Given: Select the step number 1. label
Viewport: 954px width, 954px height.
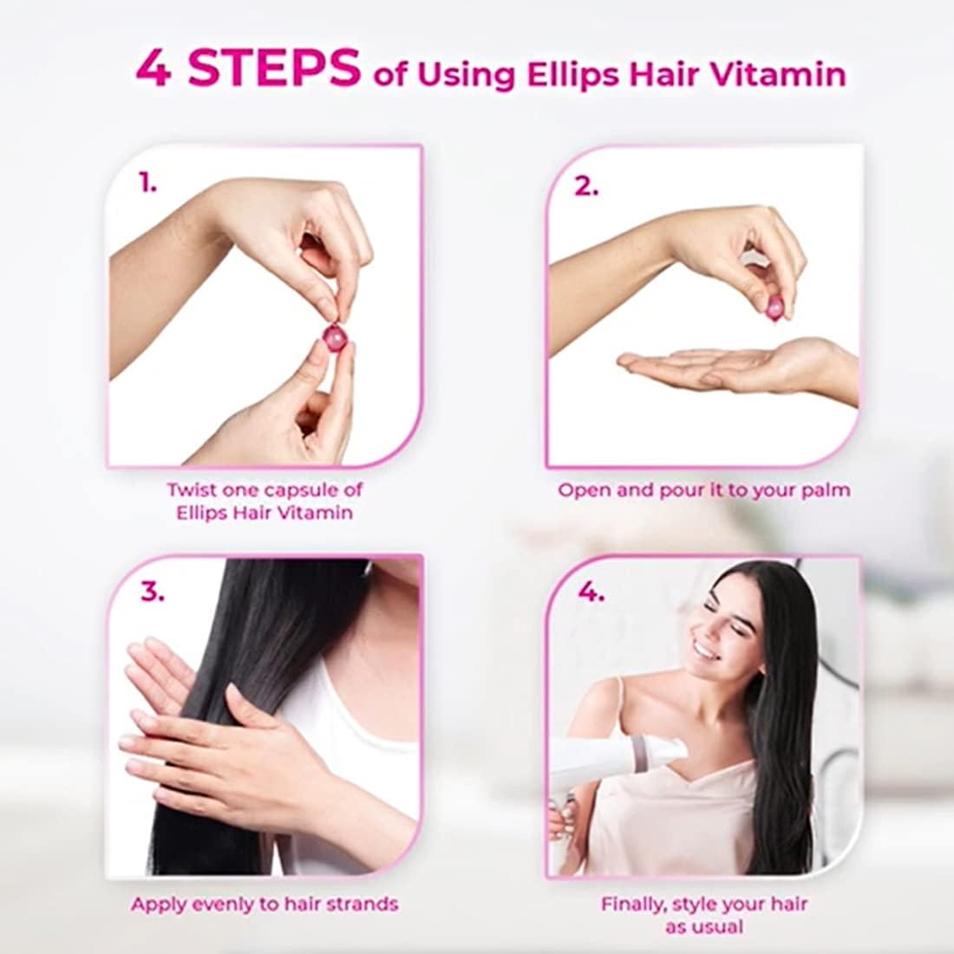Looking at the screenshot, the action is [147, 182].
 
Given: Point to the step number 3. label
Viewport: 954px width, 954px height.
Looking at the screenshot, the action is [152, 591].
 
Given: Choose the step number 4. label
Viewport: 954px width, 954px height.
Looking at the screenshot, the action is [591, 591].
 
